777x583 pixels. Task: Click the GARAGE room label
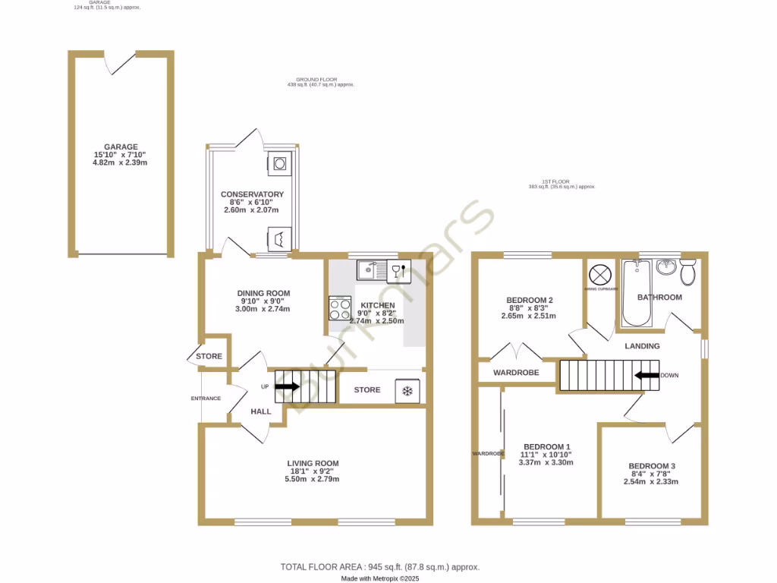[x=121, y=147]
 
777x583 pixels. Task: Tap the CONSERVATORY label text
[x=252, y=194]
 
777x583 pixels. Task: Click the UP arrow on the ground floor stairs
[x=287, y=386]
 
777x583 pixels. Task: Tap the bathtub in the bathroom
[x=636, y=295]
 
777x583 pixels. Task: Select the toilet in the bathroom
[x=688, y=271]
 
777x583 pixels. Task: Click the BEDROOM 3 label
[x=652, y=466]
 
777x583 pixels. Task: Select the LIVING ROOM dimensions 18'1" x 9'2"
[x=313, y=471]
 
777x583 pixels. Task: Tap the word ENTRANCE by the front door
[x=206, y=398]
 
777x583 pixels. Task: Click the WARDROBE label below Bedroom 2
[x=516, y=373]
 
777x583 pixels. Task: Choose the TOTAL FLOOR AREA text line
[x=380, y=567]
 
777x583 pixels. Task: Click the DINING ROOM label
[x=263, y=294]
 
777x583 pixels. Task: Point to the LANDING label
[x=642, y=346]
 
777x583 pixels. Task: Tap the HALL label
[x=261, y=411]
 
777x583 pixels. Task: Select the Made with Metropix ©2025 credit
[x=380, y=578]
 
